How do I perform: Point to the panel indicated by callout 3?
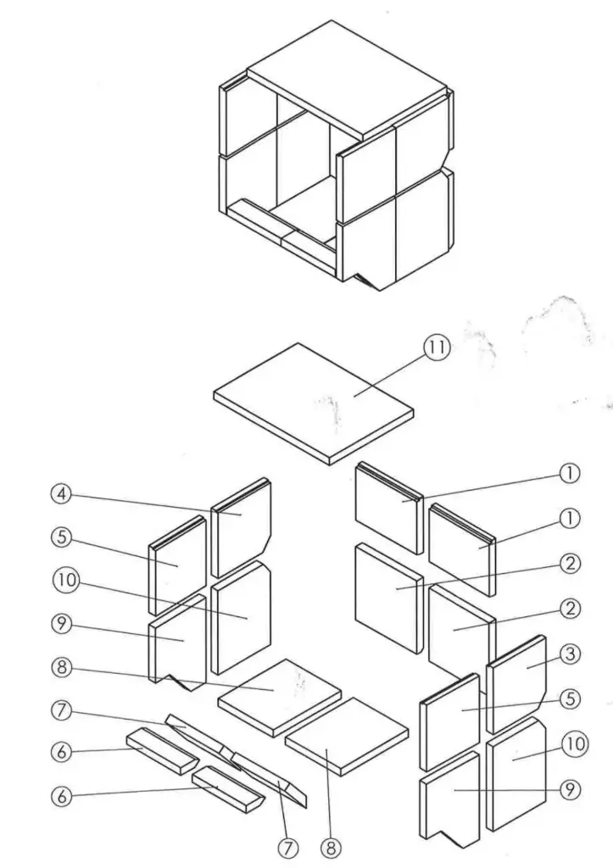pyautogui.click(x=515, y=678)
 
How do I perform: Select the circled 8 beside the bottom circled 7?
pyautogui.click(x=328, y=846)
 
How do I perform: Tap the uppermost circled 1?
pyautogui.click(x=571, y=476)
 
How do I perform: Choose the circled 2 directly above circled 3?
pyautogui.click(x=571, y=607)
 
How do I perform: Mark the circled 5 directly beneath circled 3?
pyautogui.click(x=571, y=698)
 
